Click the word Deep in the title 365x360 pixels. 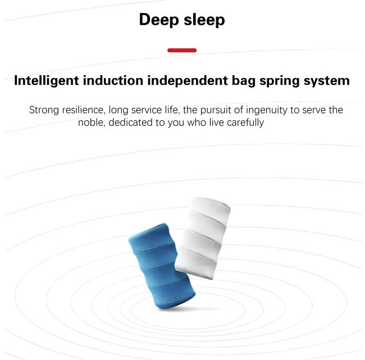click(x=159, y=20)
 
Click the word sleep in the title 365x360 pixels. click(x=204, y=20)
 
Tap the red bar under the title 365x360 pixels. click(x=182, y=51)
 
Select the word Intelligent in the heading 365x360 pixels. click(x=47, y=81)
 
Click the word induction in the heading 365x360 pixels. click(x=113, y=80)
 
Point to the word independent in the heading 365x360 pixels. click(x=188, y=81)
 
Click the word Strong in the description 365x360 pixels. click(x=44, y=110)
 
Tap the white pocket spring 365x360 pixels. click(x=203, y=238)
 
